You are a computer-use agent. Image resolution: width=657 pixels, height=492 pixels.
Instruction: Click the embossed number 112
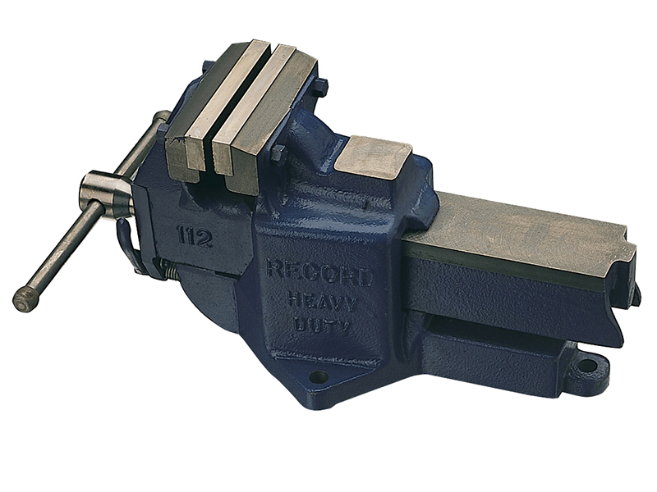194,238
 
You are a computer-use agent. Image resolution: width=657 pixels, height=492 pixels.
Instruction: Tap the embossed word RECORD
320,273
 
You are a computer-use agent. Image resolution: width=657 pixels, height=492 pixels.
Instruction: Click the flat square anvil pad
374,157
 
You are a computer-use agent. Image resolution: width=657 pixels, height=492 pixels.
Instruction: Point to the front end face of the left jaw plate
186,161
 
